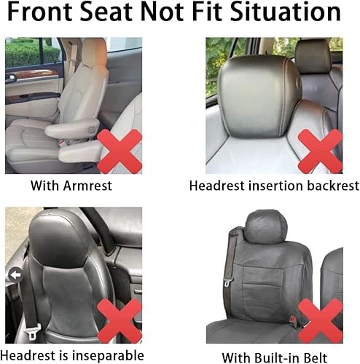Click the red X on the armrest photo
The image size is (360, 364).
click(120, 151)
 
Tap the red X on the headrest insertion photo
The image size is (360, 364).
click(320, 150)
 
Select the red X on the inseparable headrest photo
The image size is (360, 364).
click(120, 320)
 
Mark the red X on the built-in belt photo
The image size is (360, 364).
click(320, 320)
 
